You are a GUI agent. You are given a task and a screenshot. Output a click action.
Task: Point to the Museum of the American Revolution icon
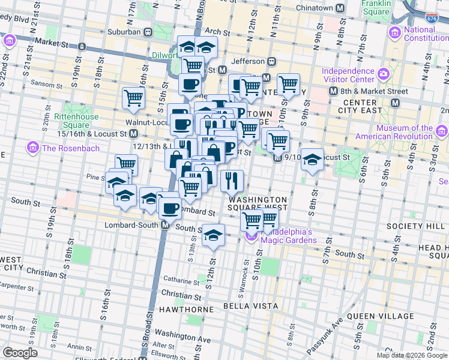click(x=441, y=132)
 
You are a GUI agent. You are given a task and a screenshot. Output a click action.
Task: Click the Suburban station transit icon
click(x=148, y=31)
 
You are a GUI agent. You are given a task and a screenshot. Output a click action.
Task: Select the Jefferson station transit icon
click(x=271, y=61)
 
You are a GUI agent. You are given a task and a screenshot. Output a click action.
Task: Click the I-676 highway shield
click(x=431, y=19)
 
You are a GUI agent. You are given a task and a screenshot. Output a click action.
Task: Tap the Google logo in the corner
click(x=20, y=353)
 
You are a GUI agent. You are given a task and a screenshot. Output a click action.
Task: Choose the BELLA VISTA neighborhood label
click(x=250, y=306)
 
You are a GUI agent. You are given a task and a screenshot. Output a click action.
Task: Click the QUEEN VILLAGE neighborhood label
click(x=380, y=316)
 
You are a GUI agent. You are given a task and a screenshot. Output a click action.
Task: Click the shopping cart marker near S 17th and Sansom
click(x=133, y=99)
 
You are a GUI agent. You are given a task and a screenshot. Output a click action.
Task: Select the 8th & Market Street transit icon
click(x=334, y=91)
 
